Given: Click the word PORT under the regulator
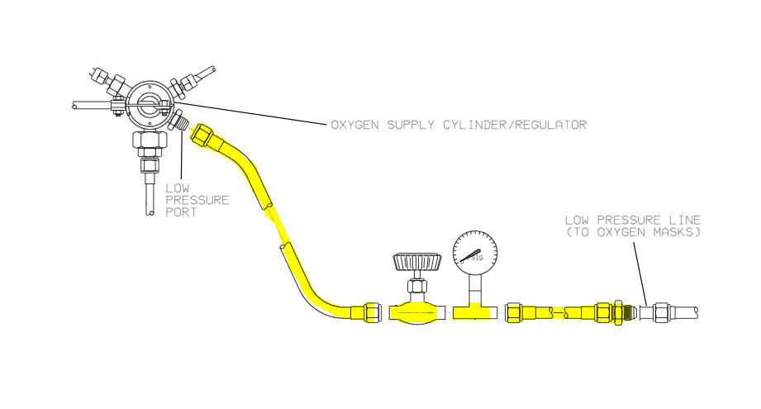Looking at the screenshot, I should click(182, 212).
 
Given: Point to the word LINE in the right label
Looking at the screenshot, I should click(687, 220).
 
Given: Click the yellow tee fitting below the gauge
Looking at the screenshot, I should click(473, 312).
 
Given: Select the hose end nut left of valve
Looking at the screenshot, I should click(372, 313).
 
